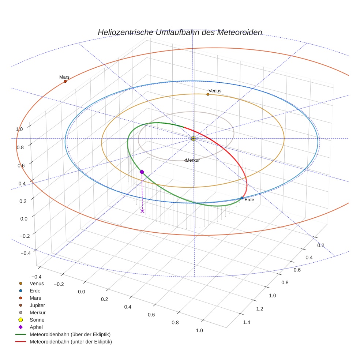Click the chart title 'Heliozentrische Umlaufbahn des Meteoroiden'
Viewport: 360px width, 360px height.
click(180, 32)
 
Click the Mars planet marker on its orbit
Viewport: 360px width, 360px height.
click(65, 81)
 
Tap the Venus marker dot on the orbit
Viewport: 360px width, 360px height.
click(208, 94)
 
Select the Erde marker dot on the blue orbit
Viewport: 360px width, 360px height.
click(242, 198)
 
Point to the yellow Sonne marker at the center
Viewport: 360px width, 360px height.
click(194, 138)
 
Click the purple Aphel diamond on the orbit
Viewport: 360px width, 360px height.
click(142, 172)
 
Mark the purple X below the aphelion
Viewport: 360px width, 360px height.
click(142, 211)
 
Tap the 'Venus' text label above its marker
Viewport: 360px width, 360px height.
click(215, 91)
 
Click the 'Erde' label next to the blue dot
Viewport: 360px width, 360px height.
click(249, 200)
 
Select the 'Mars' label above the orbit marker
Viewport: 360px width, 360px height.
click(64, 77)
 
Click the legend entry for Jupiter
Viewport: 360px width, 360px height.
click(37, 305)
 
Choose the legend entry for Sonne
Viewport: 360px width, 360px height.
click(37, 320)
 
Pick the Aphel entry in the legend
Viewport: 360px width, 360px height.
click(36, 327)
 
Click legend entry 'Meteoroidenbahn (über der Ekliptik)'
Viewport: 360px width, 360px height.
click(70, 334)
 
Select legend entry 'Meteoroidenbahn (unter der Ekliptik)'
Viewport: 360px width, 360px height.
click(71, 342)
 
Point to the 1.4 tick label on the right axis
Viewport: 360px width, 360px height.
click(247, 322)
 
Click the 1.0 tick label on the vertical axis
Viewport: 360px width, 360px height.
click(19, 129)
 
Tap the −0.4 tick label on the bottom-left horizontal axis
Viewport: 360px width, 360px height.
click(37, 277)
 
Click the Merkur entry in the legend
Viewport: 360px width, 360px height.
click(38, 312)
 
